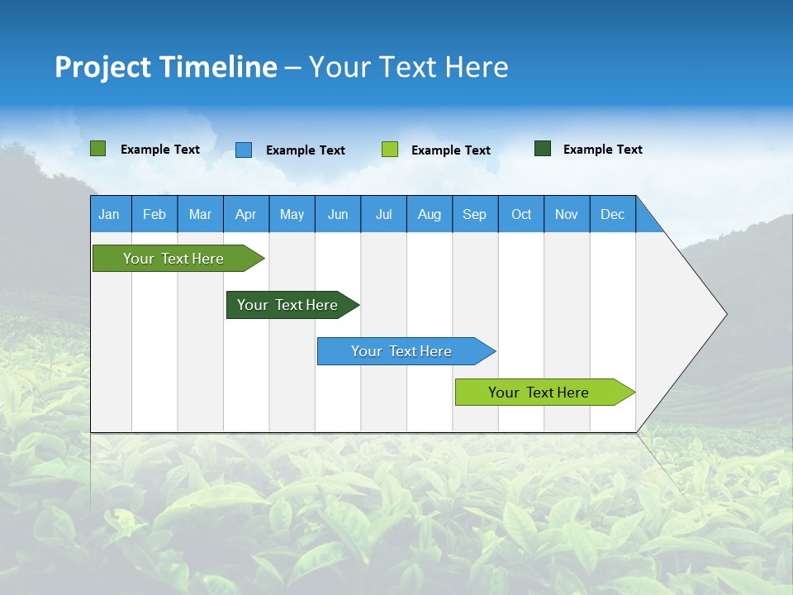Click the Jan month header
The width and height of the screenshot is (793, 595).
(110, 214)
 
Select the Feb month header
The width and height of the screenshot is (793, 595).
(154, 214)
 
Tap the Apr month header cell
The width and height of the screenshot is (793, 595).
(246, 214)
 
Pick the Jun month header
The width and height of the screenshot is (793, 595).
(338, 214)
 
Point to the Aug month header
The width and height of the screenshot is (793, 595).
(430, 214)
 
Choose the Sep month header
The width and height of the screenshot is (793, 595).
(475, 214)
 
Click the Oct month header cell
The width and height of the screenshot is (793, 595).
(521, 214)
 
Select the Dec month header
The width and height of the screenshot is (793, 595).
(613, 214)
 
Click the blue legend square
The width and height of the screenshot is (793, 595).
(244, 150)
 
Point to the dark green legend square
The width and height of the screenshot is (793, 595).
(543, 149)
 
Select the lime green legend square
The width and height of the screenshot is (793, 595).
(390, 150)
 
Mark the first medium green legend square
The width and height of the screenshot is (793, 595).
(98, 149)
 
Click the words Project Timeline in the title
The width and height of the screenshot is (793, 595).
(165, 67)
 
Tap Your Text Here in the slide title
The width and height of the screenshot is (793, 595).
(409, 67)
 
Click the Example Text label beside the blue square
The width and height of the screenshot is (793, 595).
(306, 150)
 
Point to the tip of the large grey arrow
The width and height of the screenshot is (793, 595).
(724, 314)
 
